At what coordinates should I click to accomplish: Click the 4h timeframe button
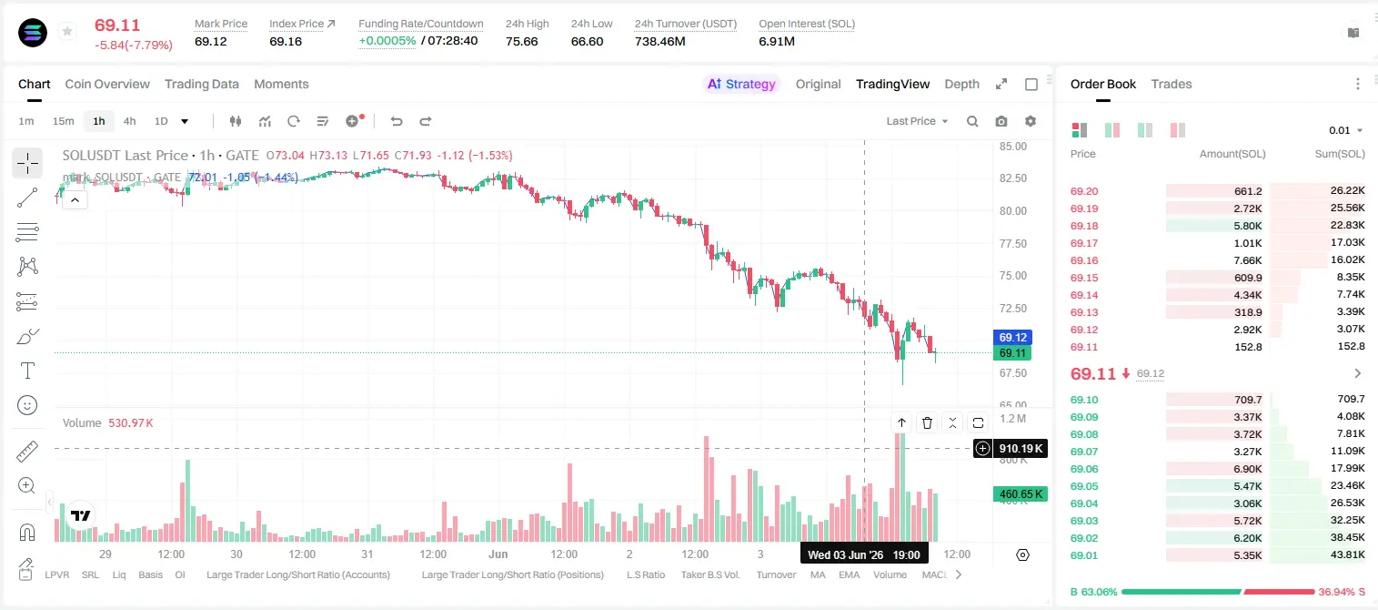pyautogui.click(x=129, y=121)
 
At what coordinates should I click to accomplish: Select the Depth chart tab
pyautogui.click(x=961, y=85)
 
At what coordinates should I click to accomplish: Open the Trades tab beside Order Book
pyautogui.click(x=1172, y=85)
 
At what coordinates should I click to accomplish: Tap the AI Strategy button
pyautogui.click(x=741, y=85)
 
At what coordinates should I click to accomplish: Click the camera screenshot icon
pyautogui.click(x=1001, y=121)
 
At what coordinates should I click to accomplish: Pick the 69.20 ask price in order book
pyautogui.click(x=1084, y=191)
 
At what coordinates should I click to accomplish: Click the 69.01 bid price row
pyautogui.click(x=1084, y=555)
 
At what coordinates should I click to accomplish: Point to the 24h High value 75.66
pyautogui.click(x=522, y=41)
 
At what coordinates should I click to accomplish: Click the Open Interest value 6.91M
pyautogui.click(x=777, y=41)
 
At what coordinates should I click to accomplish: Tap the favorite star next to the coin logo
pyautogui.click(x=67, y=31)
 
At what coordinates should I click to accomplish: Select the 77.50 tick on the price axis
pyautogui.click(x=1013, y=244)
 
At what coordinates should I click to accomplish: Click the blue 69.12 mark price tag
pyautogui.click(x=1012, y=337)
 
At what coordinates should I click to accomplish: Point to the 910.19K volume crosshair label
pyautogui.click(x=1021, y=449)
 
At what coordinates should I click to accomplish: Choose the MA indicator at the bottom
pyautogui.click(x=818, y=574)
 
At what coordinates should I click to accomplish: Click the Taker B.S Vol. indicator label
pyautogui.click(x=710, y=574)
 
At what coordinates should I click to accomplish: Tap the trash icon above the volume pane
pyautogui.click(x=927, y=422)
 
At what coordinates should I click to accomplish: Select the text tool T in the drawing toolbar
pyautogui.click(x=27, y=371)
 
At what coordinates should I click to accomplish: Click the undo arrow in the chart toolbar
pyautogui.click(x=397, y=121)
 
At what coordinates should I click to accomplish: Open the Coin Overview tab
pyautogui.click(x=107, y=85)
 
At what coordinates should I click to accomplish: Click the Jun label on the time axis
pyautogui.click(x=498, y=554)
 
